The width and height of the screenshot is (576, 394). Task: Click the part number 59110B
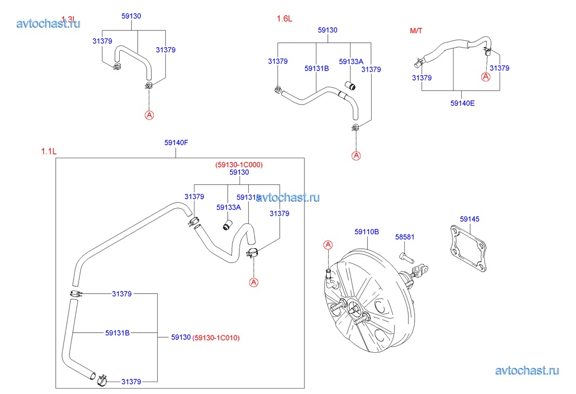(x=366, y=231)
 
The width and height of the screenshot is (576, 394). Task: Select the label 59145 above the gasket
(x=469, y=219)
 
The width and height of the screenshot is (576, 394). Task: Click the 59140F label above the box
(x=176, y=143)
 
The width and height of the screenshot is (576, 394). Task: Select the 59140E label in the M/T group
(x=462, y=103)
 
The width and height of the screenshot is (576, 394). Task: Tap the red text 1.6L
(x=284, y=18)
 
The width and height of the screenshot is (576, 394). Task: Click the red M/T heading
(x=416, y=30)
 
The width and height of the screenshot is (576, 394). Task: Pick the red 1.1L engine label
(x=48, y=152)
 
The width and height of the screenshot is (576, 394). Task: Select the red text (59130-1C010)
(x=216, y=338)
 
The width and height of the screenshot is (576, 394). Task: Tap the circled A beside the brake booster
(x=327, y=246)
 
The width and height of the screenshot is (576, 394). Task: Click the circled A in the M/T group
(x=486, y=77)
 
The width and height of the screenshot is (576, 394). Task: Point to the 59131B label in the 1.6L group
(x=316, y=69)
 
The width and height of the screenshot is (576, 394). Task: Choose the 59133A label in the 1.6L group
(x=351, y=62)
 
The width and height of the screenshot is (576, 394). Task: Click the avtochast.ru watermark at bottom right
(x=527, y=371)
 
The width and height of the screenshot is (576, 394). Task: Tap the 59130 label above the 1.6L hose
(x=327, y=30)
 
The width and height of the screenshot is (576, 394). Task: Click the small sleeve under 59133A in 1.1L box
(x=228, y=223)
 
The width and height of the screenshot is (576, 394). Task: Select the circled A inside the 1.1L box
(x=253, y=282)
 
